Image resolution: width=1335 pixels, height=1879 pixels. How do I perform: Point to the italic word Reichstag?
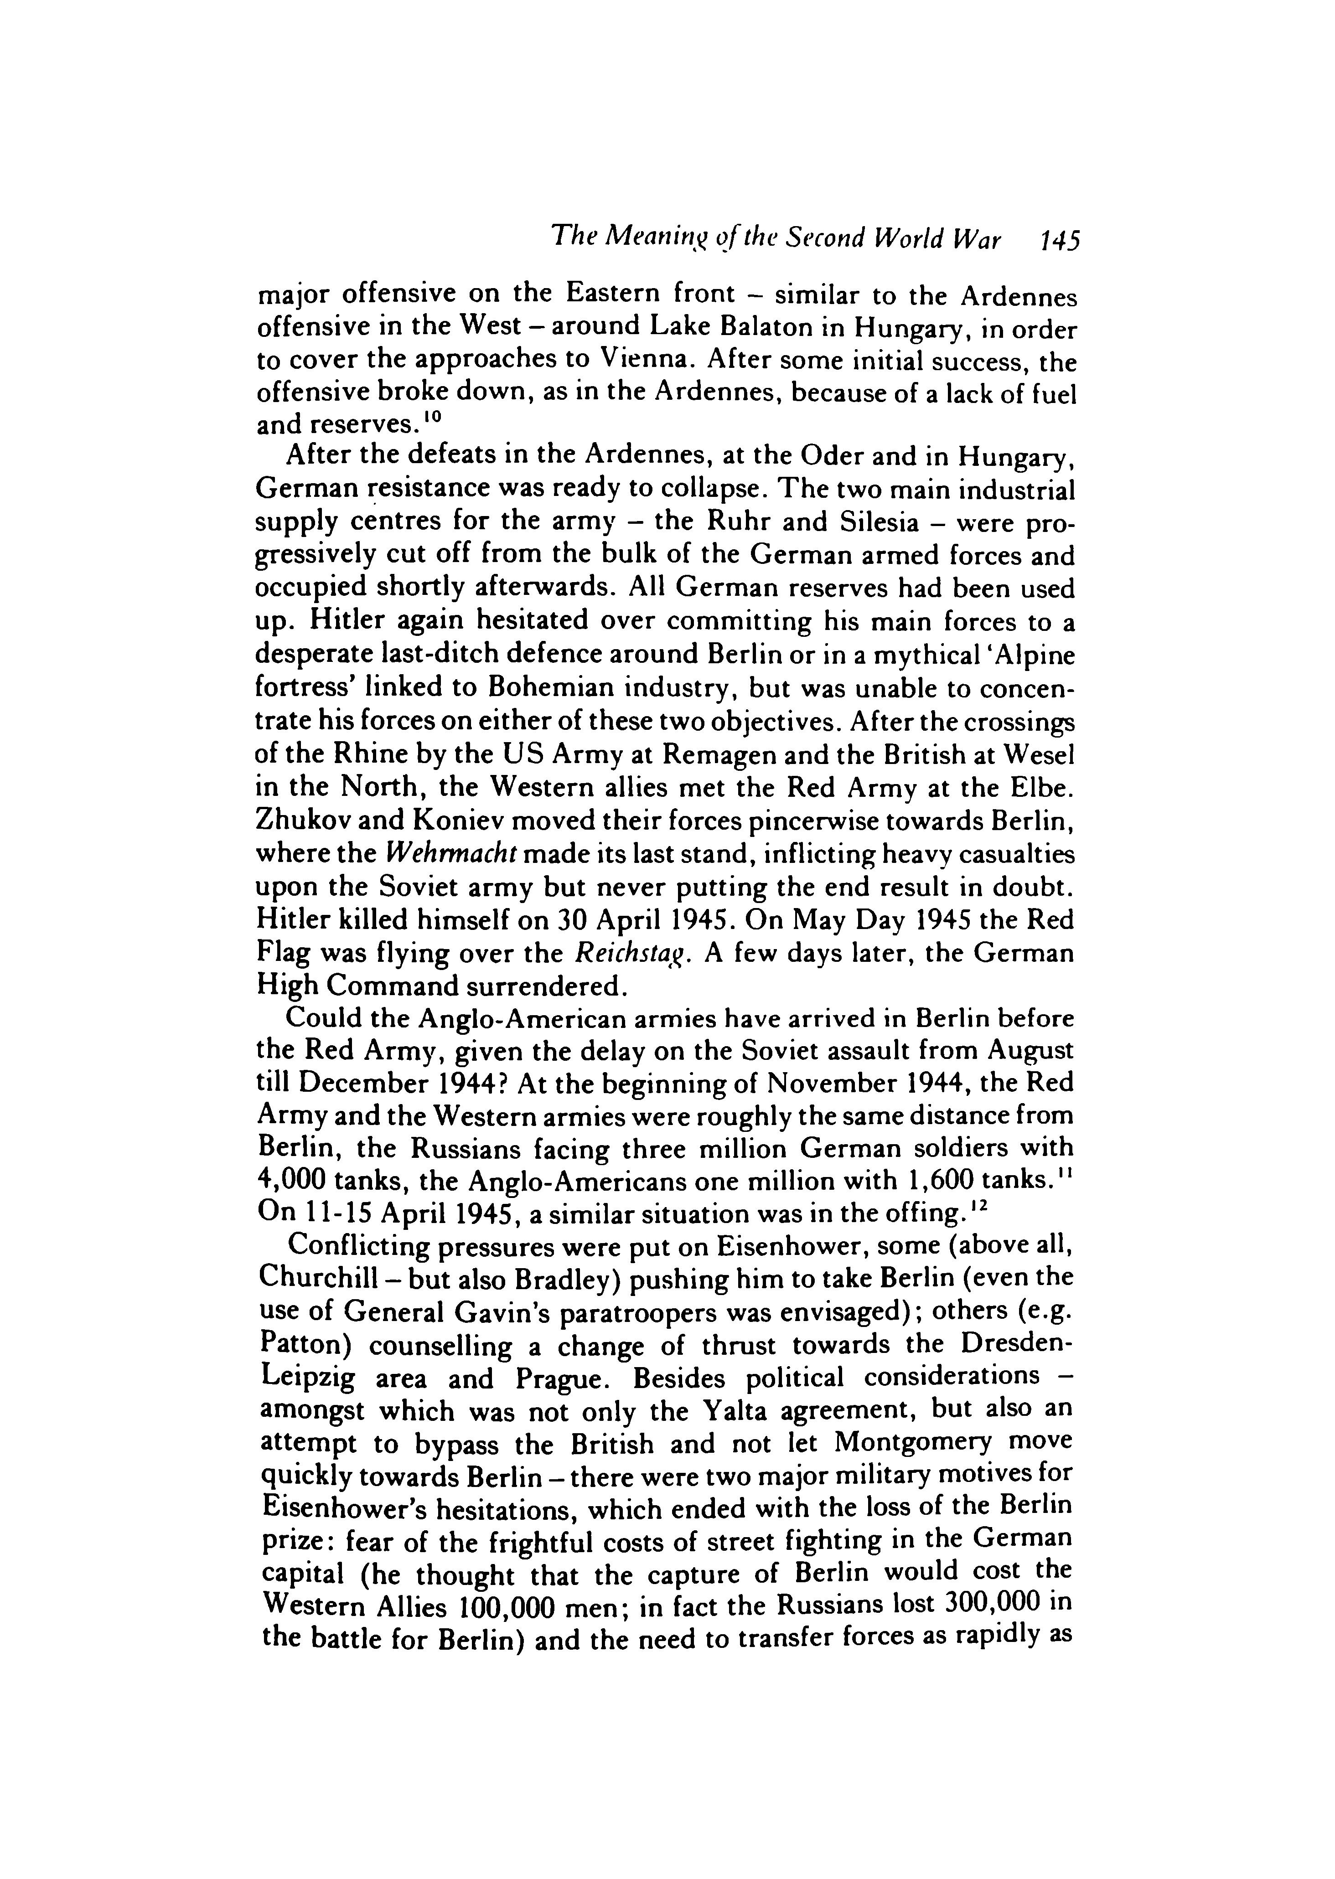629,954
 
